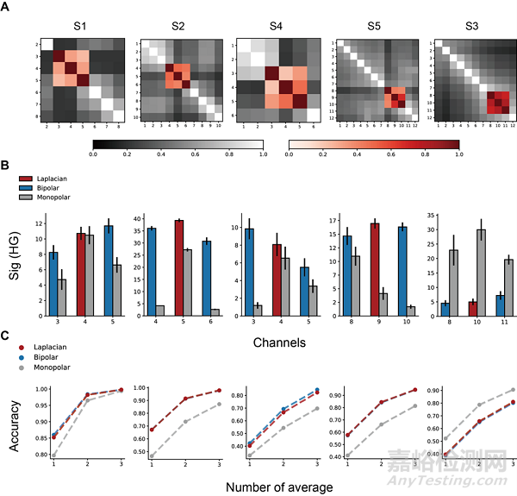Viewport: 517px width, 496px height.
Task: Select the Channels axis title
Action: (279, 342)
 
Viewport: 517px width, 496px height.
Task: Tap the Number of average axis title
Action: (279, 487)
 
